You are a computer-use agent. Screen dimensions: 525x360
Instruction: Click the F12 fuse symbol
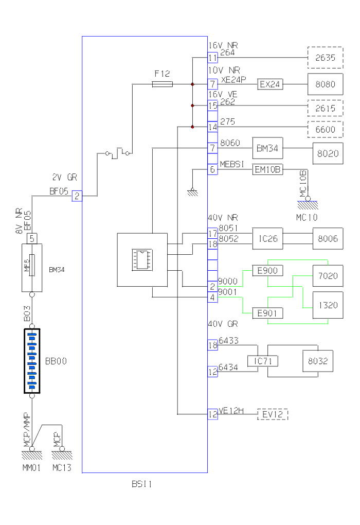click(163, 84)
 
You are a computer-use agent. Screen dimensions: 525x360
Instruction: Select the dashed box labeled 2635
click(326, 58)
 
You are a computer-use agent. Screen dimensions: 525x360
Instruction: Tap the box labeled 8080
click(326, 84)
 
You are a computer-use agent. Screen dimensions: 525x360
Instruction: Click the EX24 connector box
click(270, 84)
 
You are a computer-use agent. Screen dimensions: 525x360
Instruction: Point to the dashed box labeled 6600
click(326, 129)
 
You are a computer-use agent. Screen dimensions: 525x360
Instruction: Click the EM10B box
click(267, 169)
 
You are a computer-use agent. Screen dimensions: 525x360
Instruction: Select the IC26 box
click(268, 239)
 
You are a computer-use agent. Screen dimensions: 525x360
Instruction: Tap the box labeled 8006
click(328, 239)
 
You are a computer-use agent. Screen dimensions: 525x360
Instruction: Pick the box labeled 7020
click(328, 276)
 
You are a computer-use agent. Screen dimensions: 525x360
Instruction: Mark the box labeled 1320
click(328, 305)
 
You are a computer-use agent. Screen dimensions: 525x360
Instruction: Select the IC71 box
click(262, 361)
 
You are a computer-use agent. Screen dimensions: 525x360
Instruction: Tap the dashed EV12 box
click(273, 414)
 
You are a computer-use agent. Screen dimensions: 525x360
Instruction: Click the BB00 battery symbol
click(32, 361)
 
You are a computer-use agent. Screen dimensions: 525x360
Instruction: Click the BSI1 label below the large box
click(141, 484)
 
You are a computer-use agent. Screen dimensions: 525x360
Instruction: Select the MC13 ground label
click(62, 468)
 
